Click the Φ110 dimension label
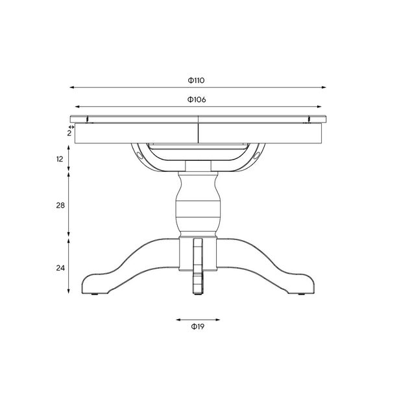tap(197, 80)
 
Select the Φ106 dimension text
tap(197, 100)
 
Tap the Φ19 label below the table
tap(198, 327)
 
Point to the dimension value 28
tap(60, 205)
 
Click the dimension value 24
tap(60, 267)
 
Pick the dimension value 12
tap(60, 159)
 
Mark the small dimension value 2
tap(69, 132)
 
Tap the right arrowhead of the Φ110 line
tap(324, 87)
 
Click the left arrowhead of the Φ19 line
tap(178, 319)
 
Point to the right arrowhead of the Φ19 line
tap(218, 319)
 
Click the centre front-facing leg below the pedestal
tap(198, 266)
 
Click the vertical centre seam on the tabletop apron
tap(199, 133)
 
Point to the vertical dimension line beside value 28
tap(69, 205)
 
